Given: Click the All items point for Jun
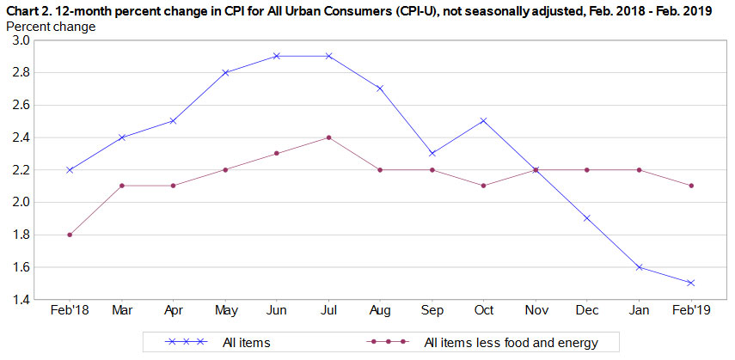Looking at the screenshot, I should click(276, 56).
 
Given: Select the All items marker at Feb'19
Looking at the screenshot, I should click(689, 283).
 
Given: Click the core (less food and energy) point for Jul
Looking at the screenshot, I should click(328, 137).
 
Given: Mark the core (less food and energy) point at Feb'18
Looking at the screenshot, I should click(70, 235).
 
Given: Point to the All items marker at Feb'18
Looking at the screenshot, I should click(70, 169).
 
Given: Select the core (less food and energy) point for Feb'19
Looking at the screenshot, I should click(689, 186).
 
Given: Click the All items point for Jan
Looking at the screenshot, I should click(638, 267).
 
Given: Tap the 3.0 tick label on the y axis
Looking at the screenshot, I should click(21, 40).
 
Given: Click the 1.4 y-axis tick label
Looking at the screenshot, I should click(21, 300).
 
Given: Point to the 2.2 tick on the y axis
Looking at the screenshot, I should click(21, 170).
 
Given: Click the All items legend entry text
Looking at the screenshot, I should click(246, 343).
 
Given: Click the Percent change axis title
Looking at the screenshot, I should click(51, 26).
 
